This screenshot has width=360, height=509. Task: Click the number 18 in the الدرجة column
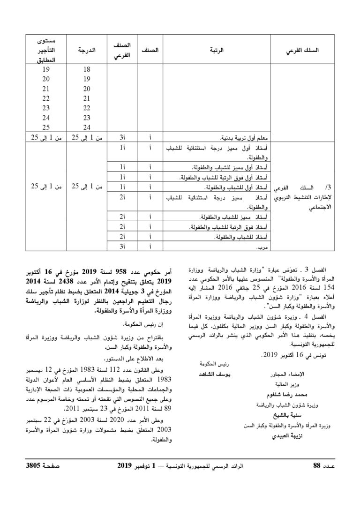tap(86, 69)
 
